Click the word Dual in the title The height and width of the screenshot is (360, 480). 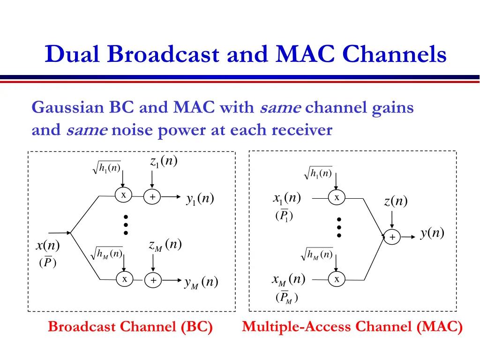(72, 54)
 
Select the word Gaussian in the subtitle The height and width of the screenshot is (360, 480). (68, 108)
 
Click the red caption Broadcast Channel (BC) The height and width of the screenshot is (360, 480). (130, 327)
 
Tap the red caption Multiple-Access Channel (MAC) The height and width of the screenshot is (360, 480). (352, 327)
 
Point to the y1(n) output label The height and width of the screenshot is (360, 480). (200, 199)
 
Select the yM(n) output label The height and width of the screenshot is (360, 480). (201, 282)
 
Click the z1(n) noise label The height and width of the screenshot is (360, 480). (164, 161)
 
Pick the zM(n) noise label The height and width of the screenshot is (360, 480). (165, 245)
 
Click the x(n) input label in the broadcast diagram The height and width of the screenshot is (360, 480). (48, 245)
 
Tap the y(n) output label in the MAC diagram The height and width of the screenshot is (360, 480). (432, 233)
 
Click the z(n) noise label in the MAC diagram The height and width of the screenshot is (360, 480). (396, 201)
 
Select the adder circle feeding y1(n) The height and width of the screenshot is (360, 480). (152, 196)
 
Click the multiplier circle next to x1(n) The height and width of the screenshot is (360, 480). (337, 197)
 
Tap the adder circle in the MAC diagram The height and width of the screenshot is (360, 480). (392, 237)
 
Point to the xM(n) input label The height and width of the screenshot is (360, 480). (289, 279)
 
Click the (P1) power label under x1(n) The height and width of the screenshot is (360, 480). (284, 215)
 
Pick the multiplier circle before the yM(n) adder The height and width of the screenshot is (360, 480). (125, 279)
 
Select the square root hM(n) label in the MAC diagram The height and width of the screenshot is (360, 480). (317, 254)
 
